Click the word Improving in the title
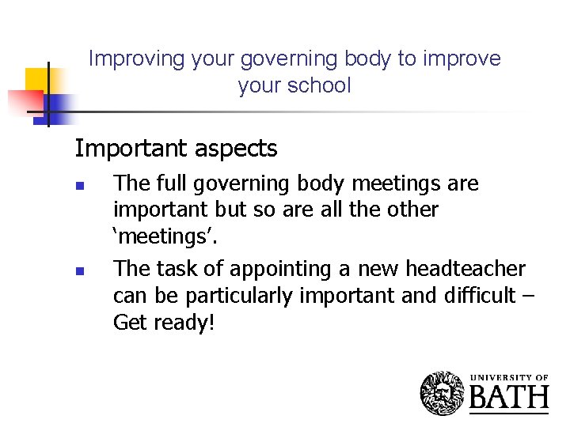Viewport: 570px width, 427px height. pyautogui.click(x=124, y=59)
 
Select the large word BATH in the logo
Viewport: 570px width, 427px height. pyautogui.click(x=509, y=398)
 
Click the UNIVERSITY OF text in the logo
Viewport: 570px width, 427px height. pyautogui.click(x=509, y=377)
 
